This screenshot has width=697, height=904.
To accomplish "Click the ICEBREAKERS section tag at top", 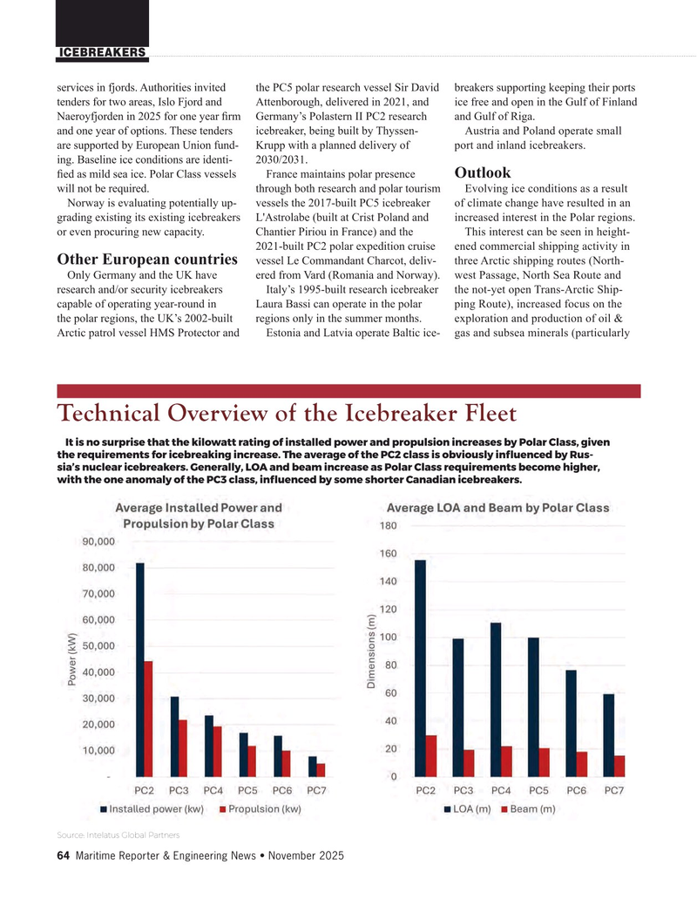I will (101, 53).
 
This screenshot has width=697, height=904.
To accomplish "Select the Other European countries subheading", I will (148, 260).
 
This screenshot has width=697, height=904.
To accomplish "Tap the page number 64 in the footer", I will (63, 855).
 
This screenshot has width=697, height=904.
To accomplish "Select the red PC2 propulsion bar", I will (149, 718).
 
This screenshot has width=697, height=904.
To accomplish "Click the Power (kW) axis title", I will (72, 658).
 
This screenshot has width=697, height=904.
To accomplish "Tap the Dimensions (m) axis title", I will (370, 654).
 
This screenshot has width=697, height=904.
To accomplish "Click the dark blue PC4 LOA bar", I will (496, 699).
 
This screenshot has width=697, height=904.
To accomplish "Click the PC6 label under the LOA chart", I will (576, 790).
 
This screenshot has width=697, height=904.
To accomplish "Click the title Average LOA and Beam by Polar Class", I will (497, 507).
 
